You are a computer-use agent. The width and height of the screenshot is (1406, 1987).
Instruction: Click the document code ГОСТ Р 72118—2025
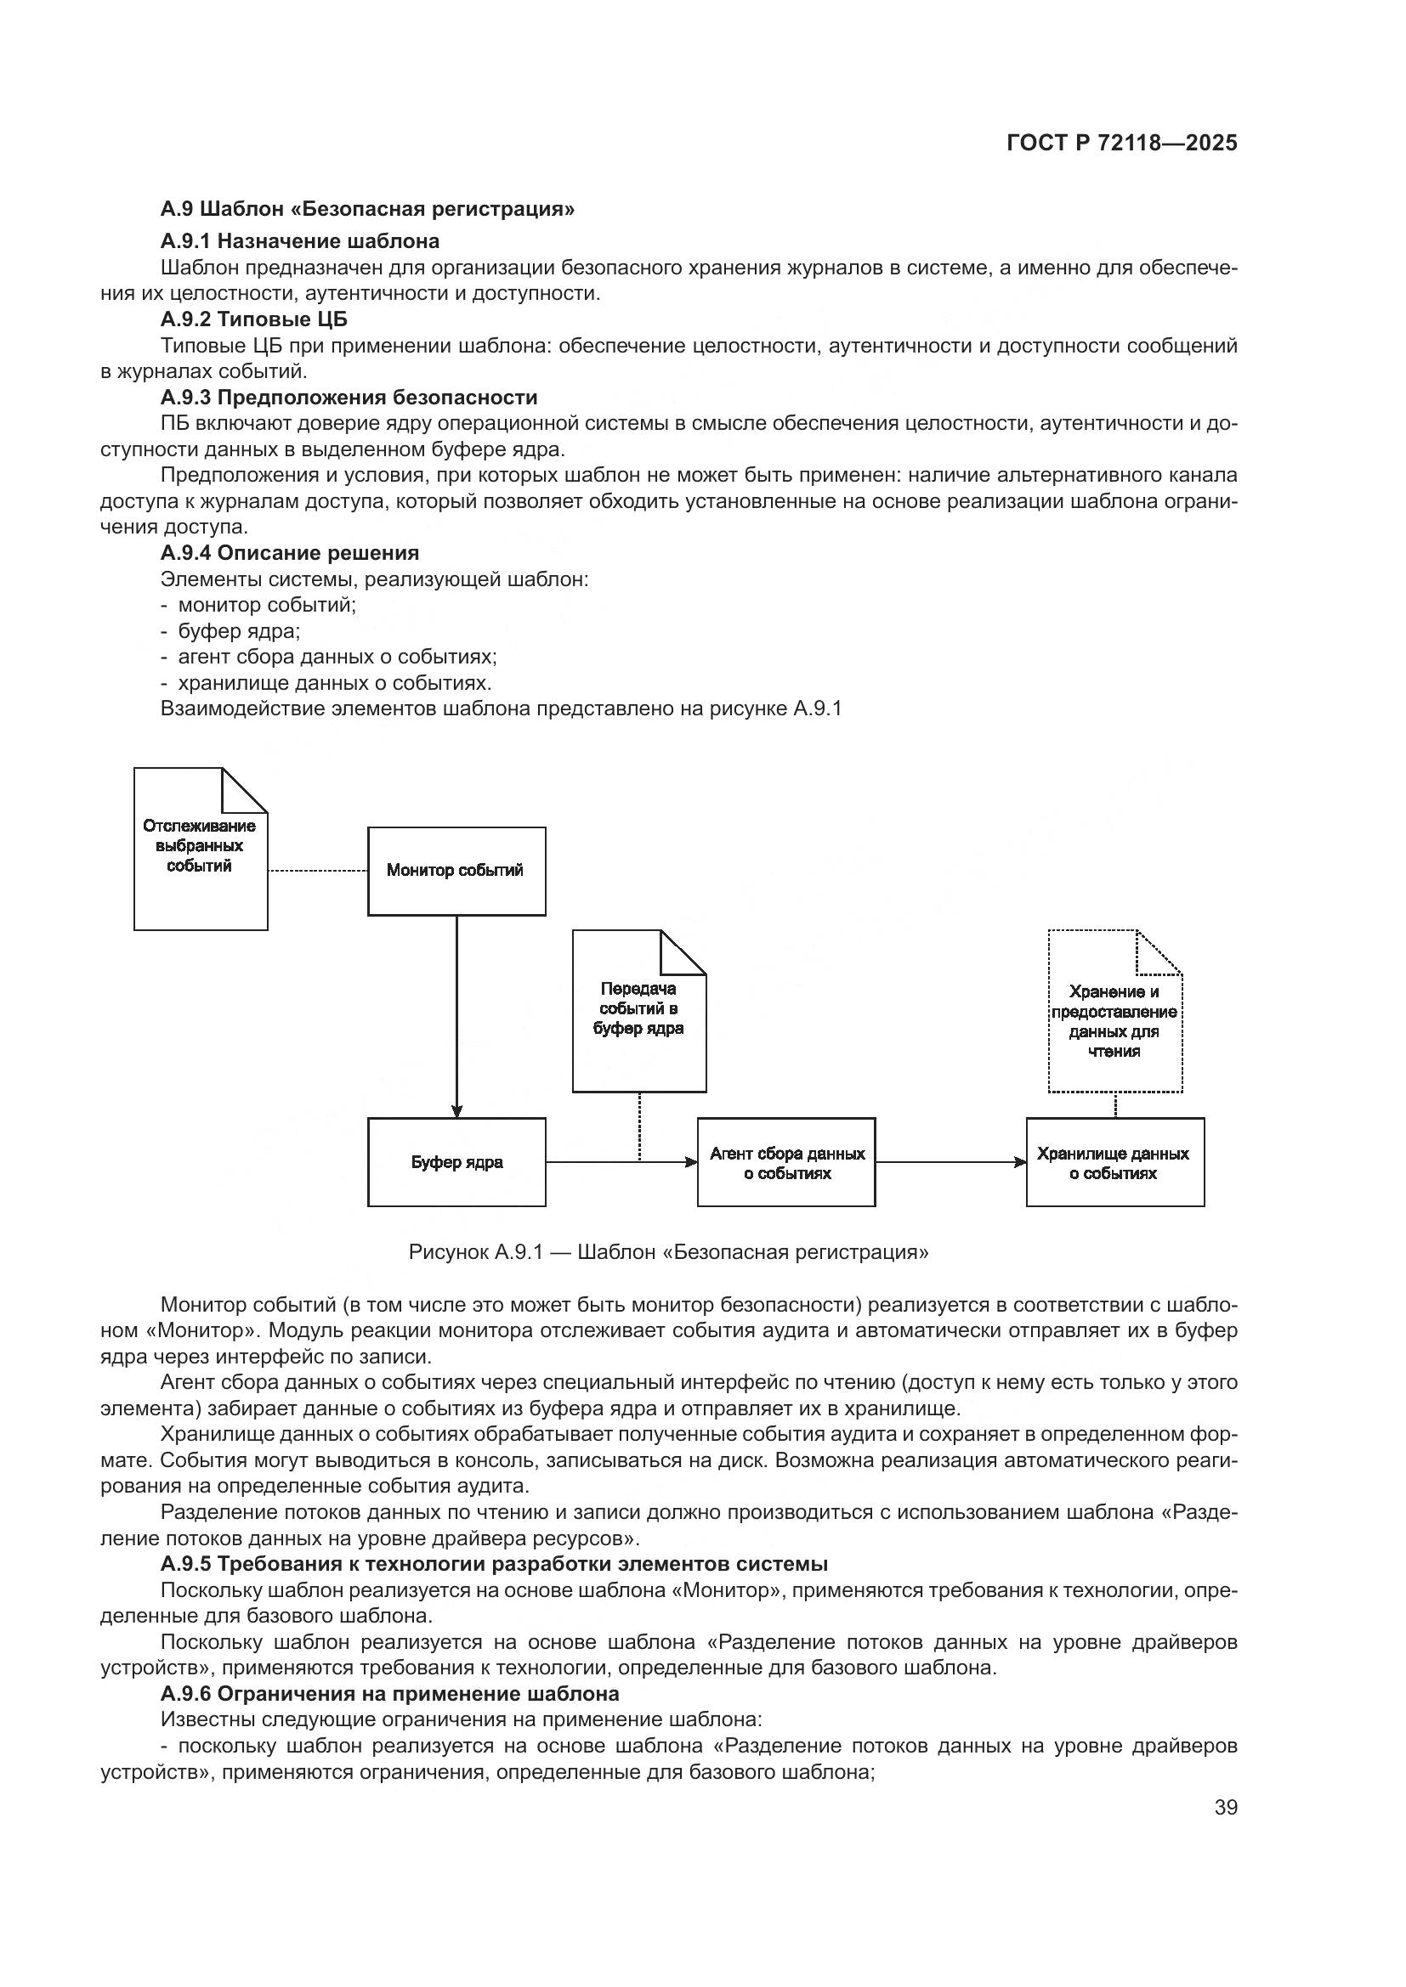pos(1121,144)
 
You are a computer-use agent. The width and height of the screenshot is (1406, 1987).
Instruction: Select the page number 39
pos(1225,1808)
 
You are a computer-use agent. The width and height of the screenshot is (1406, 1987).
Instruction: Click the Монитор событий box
pos(456,871)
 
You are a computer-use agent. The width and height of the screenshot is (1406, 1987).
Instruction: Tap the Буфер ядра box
pos(456,1162)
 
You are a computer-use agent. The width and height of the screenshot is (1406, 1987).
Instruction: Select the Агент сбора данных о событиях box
pos(786,1162)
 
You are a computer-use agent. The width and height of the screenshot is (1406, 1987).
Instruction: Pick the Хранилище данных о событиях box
pos(1114,1162)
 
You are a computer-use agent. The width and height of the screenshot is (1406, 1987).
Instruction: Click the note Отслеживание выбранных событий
pos(200,848)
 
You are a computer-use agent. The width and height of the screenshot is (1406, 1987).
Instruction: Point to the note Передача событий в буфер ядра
pos(639,1011)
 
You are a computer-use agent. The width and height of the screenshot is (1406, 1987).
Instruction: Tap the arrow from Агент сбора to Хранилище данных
pos(950,1162)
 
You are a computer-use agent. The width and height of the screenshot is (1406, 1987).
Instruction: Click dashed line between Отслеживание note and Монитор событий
pos(318,871)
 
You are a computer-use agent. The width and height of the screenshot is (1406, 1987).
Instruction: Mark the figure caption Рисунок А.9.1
pos(667,1252)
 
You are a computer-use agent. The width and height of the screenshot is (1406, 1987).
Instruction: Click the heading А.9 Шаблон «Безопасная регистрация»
pos(367,209)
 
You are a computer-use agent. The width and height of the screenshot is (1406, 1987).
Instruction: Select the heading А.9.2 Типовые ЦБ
pos(253,319)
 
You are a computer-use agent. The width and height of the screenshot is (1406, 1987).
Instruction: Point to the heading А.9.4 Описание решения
pos(289,553)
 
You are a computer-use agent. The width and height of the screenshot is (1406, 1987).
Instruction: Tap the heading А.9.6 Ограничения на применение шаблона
pos(389,1694)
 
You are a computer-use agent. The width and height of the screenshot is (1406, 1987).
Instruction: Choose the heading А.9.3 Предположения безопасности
pos(348,398)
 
